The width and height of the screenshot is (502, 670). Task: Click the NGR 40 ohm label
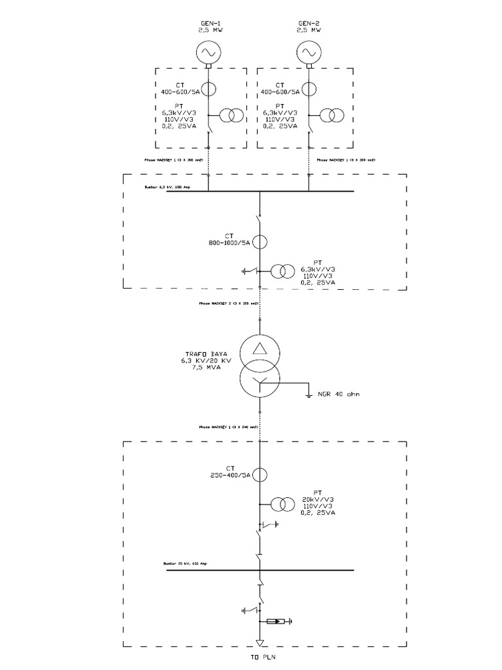pyautogui.click(x=339, y=395)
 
